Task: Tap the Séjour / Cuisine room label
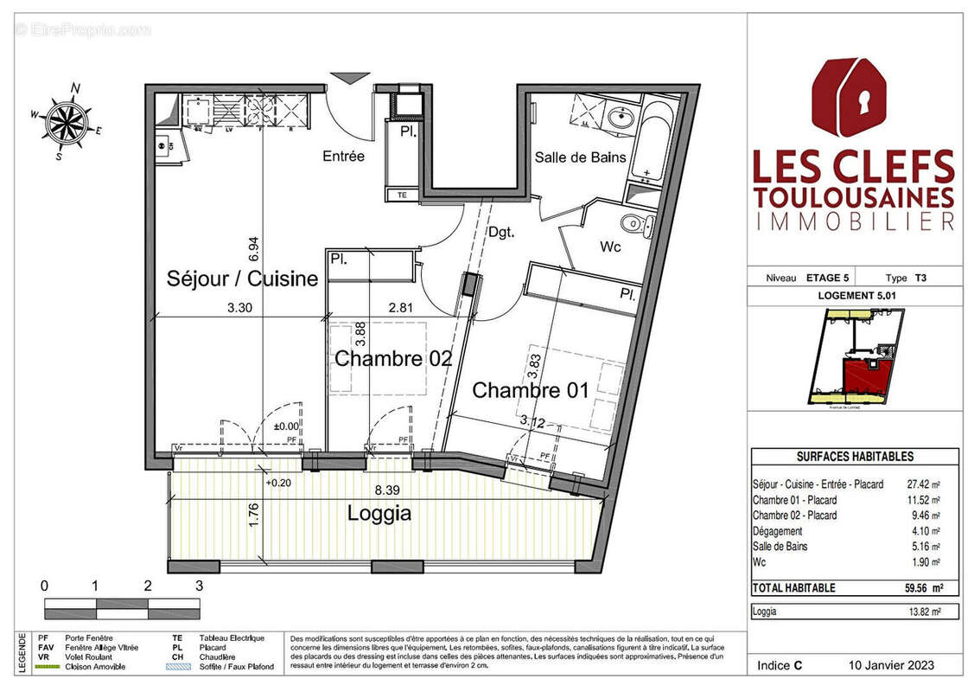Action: click(242, 279)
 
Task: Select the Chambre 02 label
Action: click(393, 358)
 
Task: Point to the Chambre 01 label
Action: click(530, 390)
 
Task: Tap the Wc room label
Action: click(612, 247)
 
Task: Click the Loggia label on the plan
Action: click(379, 513)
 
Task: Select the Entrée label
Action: click(343, 157)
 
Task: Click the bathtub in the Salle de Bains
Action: click(653, 143)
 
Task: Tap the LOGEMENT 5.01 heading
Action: click(854, 295)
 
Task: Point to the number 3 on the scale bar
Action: click(200, 586)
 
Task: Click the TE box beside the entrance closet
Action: click(402, 195)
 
